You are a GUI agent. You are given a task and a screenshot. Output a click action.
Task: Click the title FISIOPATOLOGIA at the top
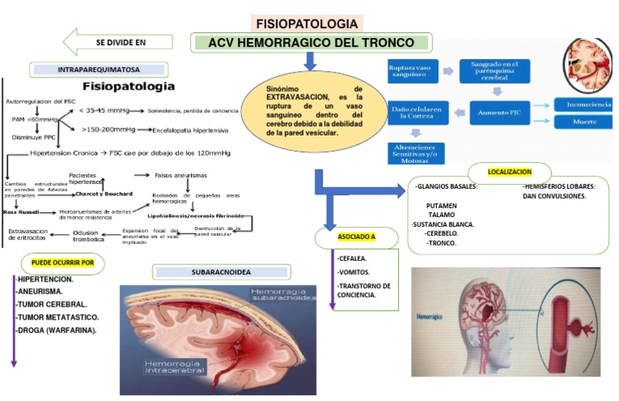[x=305, y=23]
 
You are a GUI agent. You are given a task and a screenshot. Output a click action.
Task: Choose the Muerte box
[x=582, y=123]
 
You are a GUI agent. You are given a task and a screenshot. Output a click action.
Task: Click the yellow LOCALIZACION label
[x=509, y=172]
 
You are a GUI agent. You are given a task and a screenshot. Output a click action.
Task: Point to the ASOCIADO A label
[x=357, y=238]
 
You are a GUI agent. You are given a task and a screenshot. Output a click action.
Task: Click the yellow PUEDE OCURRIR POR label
[x=62, y=262]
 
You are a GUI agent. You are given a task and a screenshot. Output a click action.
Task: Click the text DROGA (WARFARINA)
[x=56, y=330]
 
